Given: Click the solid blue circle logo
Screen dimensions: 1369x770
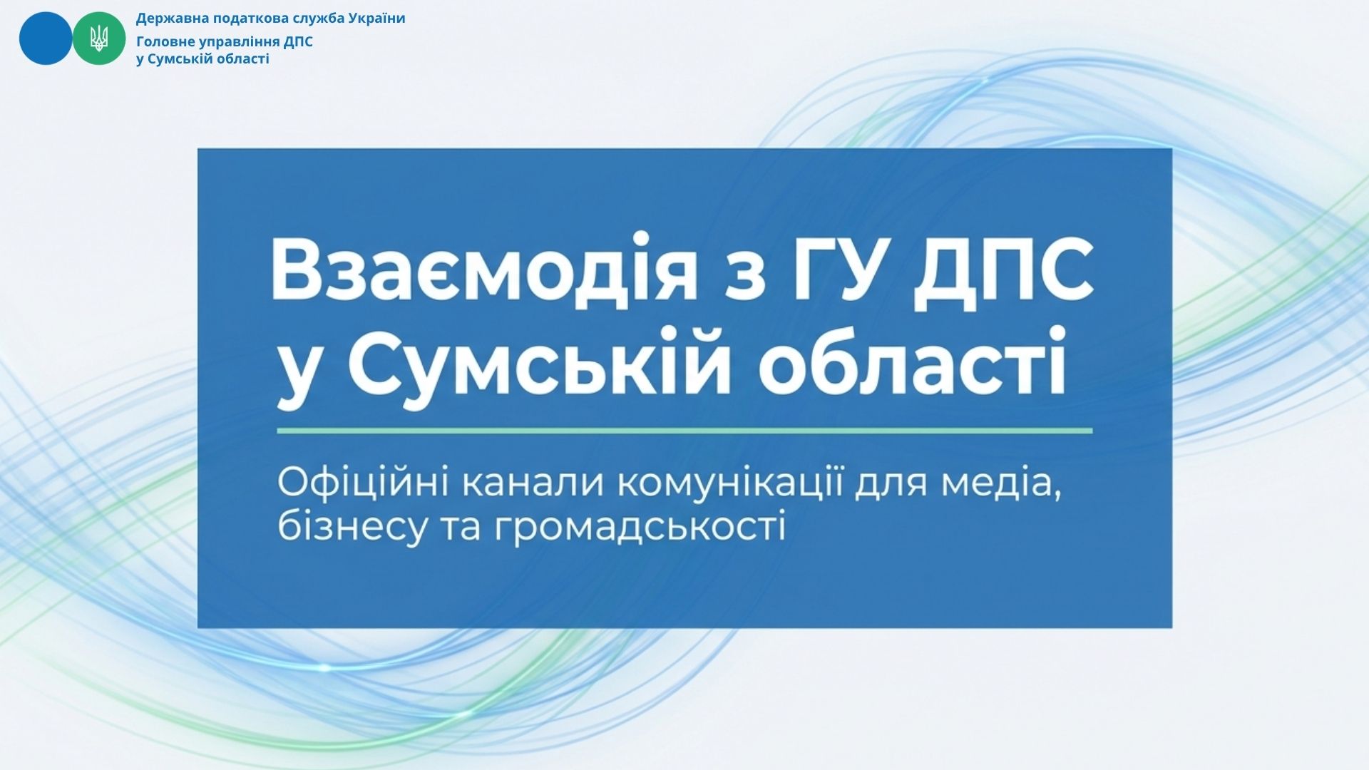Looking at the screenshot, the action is click(x=46, y=38).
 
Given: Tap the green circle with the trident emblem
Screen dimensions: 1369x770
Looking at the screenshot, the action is click(x=99, y=38).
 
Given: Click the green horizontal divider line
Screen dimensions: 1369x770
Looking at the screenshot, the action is click(x=684, y=431).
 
